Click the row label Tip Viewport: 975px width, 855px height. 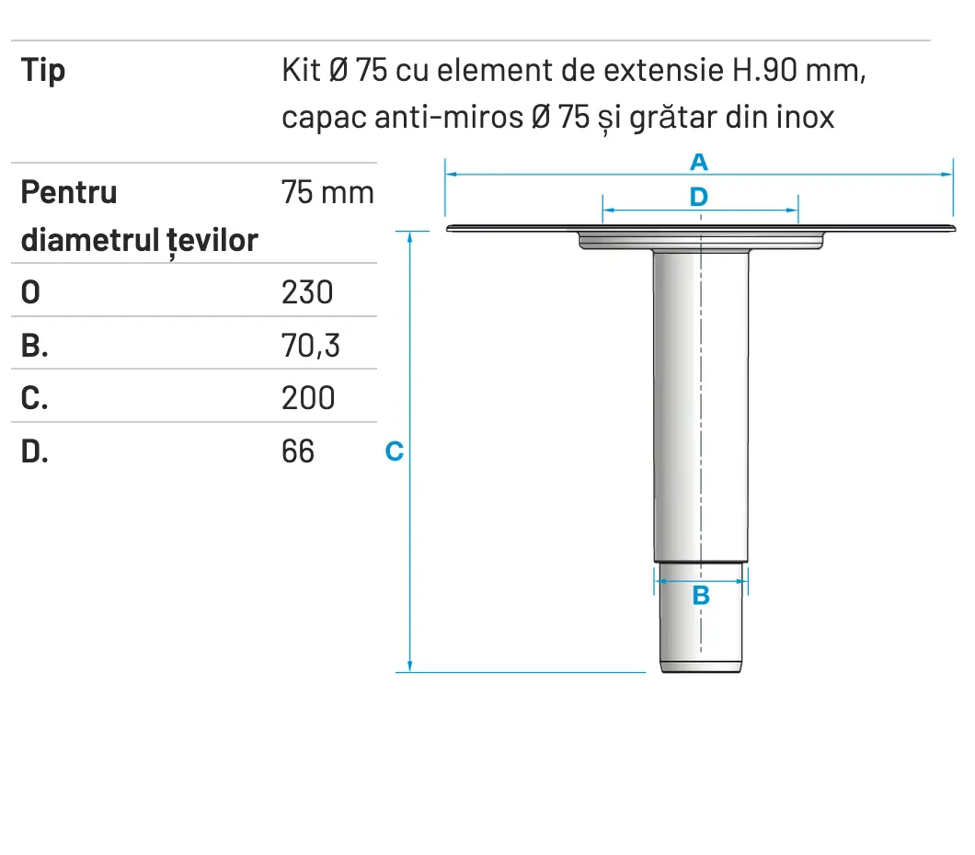click(43, 71)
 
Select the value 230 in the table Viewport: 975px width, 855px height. click(307, 292)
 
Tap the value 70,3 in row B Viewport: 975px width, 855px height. click(310, 345)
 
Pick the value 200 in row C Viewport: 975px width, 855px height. click(308, 398)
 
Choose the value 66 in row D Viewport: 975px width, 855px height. click(298, 450)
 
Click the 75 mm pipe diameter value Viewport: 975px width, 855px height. click(327, 193)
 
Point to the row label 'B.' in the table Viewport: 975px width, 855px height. click(35, 345)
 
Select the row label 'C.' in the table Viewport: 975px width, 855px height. click(35, 398)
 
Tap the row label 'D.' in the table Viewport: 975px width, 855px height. click(35, 450)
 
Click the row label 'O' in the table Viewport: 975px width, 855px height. click(30, 292)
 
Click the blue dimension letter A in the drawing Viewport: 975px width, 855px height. click(699, 163)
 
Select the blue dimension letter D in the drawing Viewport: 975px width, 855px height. click(699, 197)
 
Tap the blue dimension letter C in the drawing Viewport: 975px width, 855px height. click(394, 451)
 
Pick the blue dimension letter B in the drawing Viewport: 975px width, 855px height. click(701, 596)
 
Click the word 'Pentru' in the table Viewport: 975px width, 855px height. click(69, 193)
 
